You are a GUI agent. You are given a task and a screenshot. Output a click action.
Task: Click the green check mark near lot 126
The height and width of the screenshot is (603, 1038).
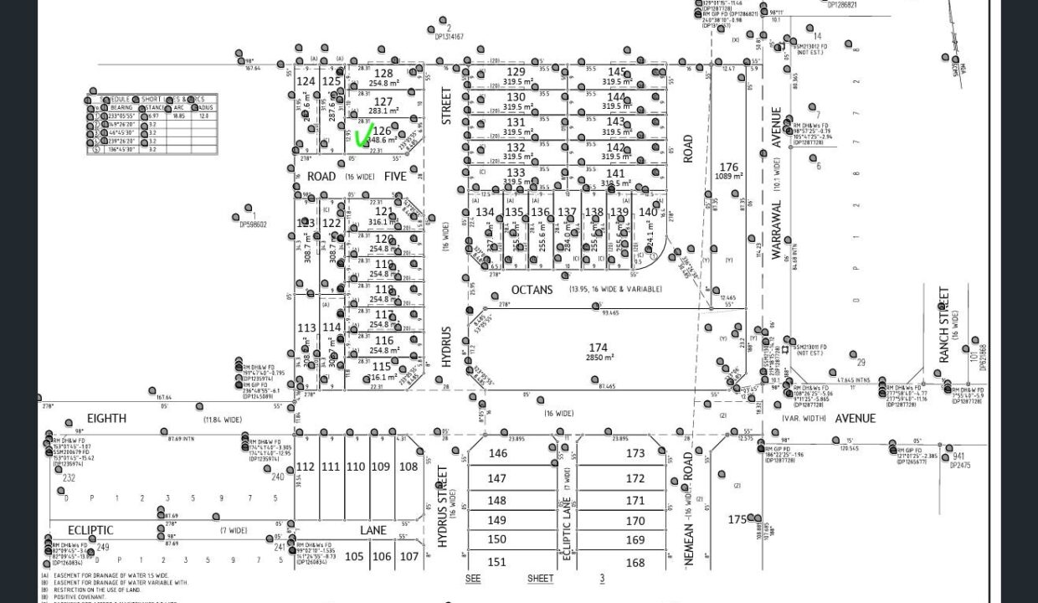pos(364,136)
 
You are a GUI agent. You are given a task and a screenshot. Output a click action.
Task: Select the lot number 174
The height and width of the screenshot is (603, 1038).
pos(598,348)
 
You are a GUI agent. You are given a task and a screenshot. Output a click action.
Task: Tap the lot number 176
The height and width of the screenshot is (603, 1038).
pos(728,167)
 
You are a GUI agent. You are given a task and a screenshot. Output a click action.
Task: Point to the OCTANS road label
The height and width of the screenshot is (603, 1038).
pos(532,290)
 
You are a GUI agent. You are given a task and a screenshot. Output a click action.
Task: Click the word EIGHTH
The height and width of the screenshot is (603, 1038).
pos(106,418)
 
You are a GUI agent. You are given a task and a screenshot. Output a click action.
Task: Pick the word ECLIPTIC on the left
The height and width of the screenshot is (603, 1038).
pos(90,530)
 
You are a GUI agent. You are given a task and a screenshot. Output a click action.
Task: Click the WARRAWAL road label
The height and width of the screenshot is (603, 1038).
pos(776,229)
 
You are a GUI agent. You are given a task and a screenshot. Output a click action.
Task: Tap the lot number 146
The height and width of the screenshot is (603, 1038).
pos(497,453)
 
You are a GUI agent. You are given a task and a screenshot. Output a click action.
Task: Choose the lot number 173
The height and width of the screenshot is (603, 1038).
pos(635,453)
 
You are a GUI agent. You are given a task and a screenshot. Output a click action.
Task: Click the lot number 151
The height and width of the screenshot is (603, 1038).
pos(497,562)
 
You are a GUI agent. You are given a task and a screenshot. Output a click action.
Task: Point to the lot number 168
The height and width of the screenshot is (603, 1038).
pos(635,562)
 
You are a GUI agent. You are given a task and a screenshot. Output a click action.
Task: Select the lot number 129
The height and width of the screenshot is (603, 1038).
pos(516,73)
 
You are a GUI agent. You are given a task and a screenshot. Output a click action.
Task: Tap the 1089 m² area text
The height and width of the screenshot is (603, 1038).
pos(729,177)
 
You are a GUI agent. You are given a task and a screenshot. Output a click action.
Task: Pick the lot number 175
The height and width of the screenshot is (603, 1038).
pos(737,519)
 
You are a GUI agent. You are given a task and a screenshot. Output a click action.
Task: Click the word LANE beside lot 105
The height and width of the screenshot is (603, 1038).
pos(373,530)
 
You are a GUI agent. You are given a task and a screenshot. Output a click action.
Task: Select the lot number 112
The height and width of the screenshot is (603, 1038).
pos(306,466)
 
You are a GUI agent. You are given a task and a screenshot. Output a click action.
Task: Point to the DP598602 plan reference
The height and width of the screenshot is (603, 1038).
pos(250,224)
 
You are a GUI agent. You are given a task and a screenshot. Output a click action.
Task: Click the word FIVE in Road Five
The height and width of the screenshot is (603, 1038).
pos(395,177)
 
